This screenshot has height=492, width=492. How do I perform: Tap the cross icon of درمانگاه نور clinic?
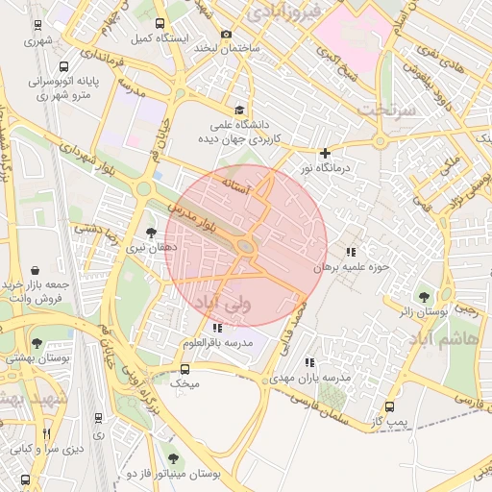click(x=325, y=153)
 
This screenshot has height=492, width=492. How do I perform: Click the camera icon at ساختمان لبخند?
click(x=227, y=35)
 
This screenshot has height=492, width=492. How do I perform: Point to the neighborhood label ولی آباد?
click(x=221, y=303)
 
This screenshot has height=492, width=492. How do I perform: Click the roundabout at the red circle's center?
click(x=246, y=247)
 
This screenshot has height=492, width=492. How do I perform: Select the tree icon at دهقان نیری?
click(x=150, y=232)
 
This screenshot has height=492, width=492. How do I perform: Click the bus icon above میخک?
click(x=184, y=369)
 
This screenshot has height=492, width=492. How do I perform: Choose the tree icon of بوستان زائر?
click(x=423, y=295)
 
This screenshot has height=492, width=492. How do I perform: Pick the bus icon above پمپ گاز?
click(x=389, y=407)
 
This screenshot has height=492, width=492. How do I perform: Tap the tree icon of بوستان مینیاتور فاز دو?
click(x=173, y=458)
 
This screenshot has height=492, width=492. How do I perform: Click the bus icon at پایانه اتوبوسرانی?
click(x=63, y=68)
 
